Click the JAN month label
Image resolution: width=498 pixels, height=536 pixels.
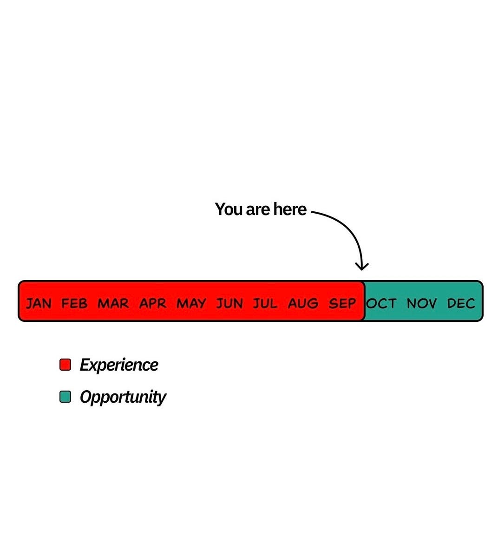39,304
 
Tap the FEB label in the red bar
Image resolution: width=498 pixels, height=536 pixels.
74,304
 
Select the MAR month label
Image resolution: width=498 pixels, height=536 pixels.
113,304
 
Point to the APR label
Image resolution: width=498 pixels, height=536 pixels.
153,304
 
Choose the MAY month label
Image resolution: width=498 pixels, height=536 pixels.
191,304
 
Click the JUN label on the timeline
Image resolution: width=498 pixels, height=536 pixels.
229,304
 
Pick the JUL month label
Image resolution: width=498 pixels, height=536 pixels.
265,304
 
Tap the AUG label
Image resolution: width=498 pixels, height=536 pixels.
303,304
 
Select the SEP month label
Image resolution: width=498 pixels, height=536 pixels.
342,304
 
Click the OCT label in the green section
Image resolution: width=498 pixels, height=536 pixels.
381,304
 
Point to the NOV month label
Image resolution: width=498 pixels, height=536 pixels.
421,304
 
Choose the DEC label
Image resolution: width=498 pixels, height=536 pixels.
461,304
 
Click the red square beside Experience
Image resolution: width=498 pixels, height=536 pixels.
66,365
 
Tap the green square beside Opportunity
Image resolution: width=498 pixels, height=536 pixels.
66,397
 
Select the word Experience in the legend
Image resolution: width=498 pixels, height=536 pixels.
119,365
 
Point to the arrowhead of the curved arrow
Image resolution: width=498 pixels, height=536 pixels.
362,267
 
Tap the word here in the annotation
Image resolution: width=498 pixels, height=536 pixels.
290,209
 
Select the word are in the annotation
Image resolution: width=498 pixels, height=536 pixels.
258,210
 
